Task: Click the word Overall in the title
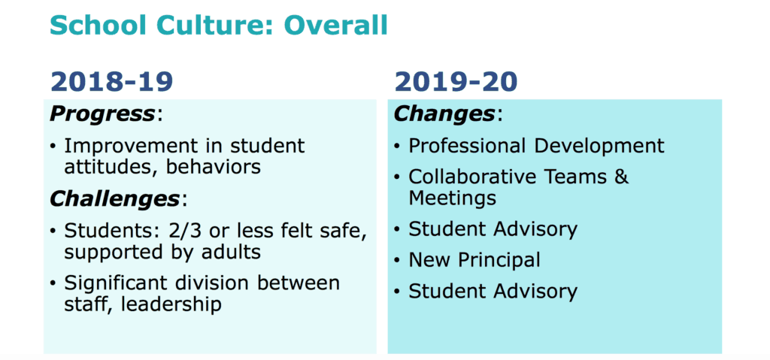335,25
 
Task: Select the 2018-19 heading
111,82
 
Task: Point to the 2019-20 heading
456,82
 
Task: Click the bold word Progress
102,115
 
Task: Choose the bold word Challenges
115,199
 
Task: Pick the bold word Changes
444,114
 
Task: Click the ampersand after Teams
621,177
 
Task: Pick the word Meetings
452,198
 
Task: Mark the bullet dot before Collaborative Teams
397,178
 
